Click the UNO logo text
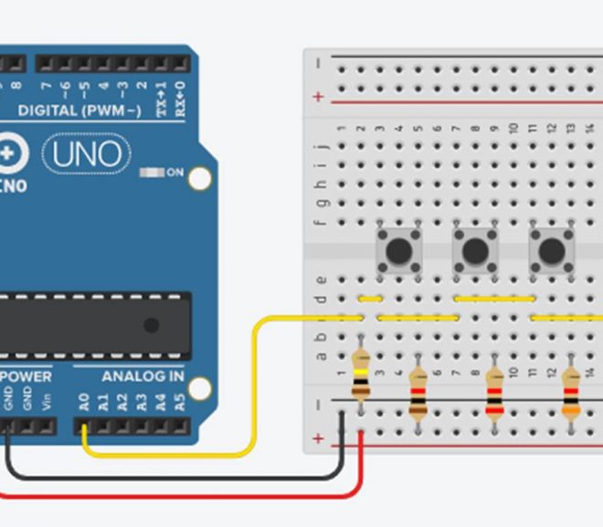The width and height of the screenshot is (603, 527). tap(86, 154)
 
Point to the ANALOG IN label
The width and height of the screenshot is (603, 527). tap(143, 376)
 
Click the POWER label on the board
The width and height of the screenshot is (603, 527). tap(26, 376)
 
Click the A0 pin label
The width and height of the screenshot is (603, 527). tap(85, 401)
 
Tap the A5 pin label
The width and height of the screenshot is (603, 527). tap(180, 401)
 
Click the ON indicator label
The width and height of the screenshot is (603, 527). tap(175, 173)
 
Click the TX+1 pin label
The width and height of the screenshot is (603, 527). tap(162, 95)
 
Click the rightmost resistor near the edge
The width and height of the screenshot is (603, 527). tap(571, 393)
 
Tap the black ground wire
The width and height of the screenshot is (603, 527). tap(183, 476)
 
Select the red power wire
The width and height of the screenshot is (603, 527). tap(183, 497)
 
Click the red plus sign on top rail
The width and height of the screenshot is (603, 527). tap(318, 96)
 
